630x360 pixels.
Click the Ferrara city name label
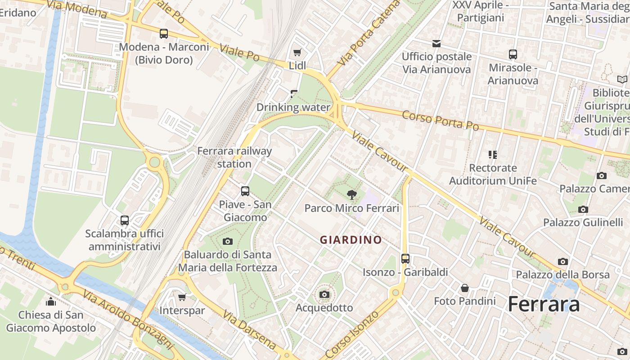[x=544, y=305]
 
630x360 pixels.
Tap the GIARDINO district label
[x=351, y=240]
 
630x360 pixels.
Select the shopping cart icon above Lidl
[x=297, y=52]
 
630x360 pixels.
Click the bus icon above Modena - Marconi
[x=164, y=34]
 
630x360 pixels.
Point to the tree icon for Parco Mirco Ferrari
[x=351, y=195]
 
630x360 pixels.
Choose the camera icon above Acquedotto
[x=324, y=295]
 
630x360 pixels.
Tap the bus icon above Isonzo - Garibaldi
[x=405, y=259]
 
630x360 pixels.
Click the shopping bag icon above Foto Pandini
[x=465, y=288]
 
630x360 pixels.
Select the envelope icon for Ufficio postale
[x=436, y=44]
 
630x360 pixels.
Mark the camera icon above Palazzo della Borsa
[x=562, y=261]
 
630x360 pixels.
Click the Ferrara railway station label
[x=234, y=157]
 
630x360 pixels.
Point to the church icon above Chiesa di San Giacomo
[x=51, y=301]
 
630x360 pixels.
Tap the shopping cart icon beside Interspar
[x=182, y=297]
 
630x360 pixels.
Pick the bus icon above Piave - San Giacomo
[x=245, y=191]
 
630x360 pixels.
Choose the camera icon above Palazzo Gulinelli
[x=583, y=209]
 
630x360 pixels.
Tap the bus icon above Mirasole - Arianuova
[x=513, y=54]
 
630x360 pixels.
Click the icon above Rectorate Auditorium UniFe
[x=493, y=155]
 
